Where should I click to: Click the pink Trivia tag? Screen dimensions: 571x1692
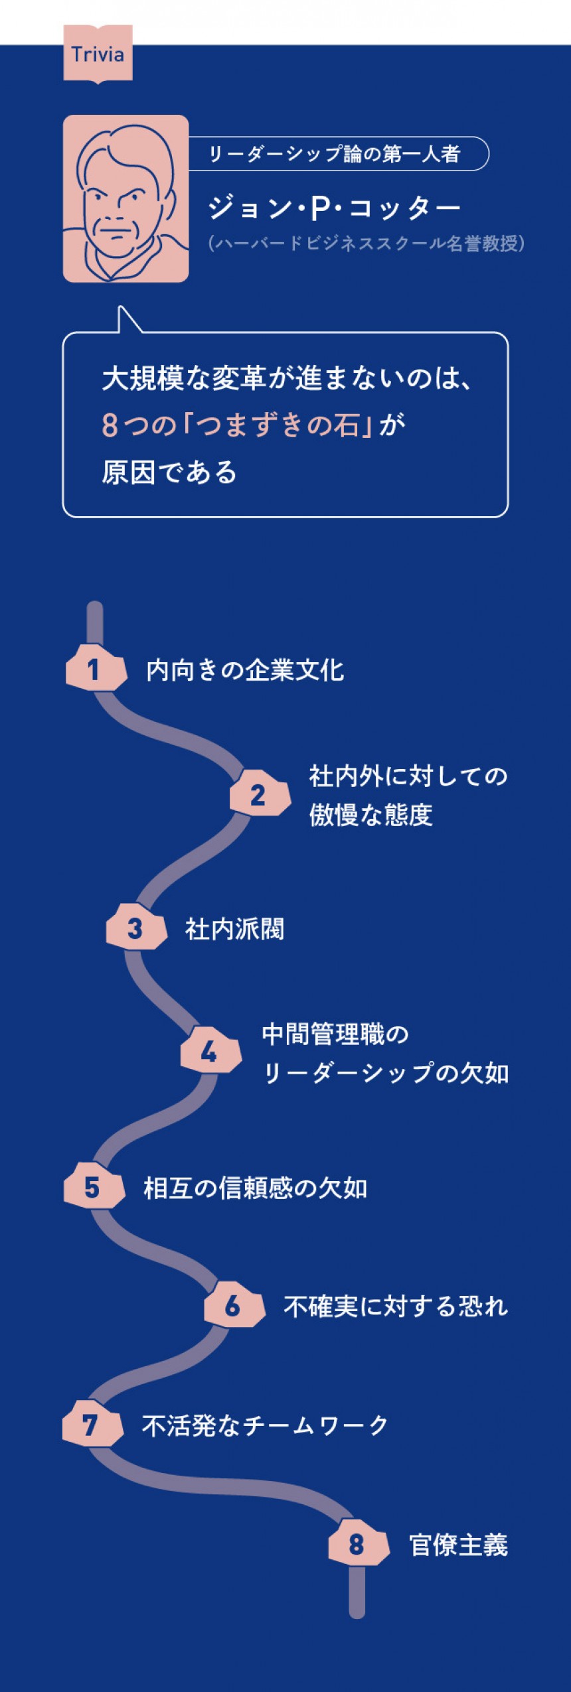coord(98,54)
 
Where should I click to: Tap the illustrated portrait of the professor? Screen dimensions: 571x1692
coord(125,199)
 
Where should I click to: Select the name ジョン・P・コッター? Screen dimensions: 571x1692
coord(334,208)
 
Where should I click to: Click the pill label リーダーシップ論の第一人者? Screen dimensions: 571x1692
coord(339,154)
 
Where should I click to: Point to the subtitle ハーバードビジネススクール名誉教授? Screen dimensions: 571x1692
coord(366,244)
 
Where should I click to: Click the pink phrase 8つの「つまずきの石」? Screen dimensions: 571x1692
coord(236,425)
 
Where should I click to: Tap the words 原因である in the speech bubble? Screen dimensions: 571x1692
coord(169,472)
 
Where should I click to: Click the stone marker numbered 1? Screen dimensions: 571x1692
coord(96,669)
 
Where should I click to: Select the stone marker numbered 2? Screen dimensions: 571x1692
coord(260,794)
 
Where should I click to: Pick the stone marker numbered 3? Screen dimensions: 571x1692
coord(136,928)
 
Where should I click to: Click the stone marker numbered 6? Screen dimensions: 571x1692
coord(234,1306)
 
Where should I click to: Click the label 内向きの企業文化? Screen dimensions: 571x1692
coord(245,670)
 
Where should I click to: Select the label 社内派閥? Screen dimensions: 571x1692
coord(234,929)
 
